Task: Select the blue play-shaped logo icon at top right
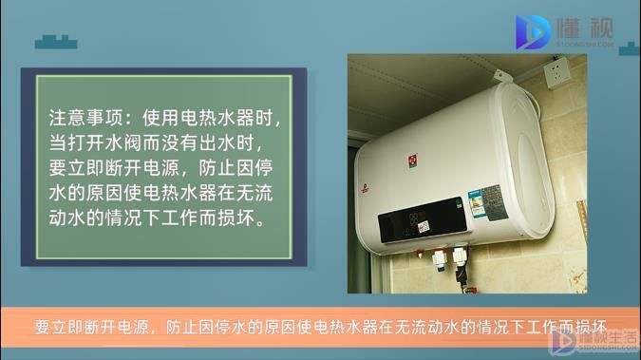coord(531,32)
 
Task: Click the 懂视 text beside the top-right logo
coord(584,28)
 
